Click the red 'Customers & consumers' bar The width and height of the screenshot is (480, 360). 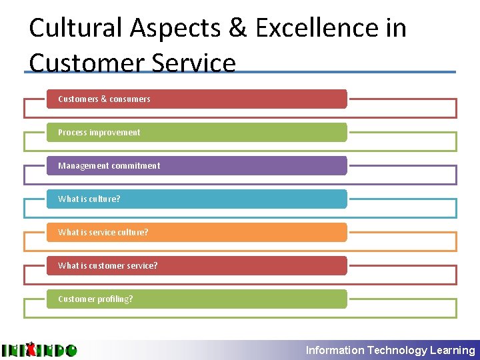click(197, 99)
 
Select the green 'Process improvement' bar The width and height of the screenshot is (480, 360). click(197, 132)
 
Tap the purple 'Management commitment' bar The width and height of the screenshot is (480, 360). click(197, 165)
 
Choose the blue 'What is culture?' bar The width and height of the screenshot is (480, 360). click(197, 199)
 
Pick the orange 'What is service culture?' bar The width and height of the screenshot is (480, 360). click(197, 232)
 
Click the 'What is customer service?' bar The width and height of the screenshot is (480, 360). click(197, 265)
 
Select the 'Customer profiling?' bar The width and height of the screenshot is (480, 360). click(197, 299)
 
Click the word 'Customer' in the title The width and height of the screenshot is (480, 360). click(87, 63)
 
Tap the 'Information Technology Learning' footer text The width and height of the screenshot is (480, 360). click(390, 350)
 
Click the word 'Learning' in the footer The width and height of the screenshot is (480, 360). click(453, 350)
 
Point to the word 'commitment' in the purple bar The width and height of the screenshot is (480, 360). click(136, 165)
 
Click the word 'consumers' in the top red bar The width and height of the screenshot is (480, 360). click(130, 99)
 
